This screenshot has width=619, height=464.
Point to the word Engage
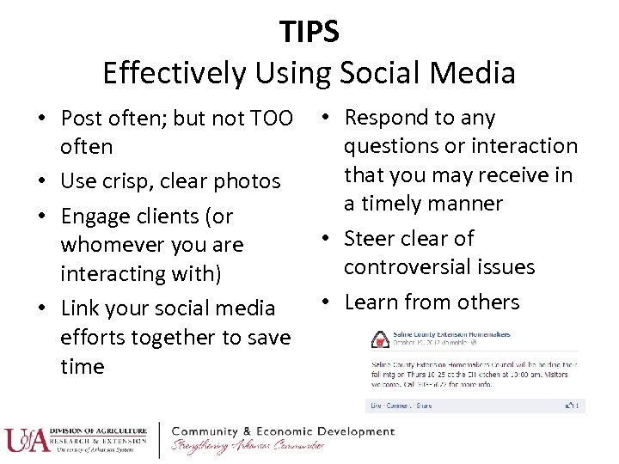click(x=95, y=216)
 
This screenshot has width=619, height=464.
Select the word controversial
click(x=411, y=267)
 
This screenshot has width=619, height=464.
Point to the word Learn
click(x=371, y=302)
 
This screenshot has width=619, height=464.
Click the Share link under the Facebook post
click(x=425, y=406)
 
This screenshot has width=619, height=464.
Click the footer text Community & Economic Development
click(x=283, y=430)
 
